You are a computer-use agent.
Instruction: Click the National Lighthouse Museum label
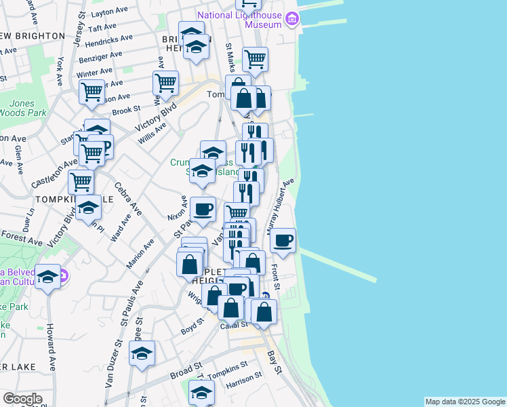point(239,20)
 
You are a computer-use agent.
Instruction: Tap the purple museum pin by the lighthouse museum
point(291,18)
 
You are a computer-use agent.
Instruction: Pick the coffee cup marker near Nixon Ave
point(202,208)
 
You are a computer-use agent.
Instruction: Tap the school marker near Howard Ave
point(47,277)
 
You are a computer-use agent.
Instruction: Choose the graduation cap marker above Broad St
point(142,353)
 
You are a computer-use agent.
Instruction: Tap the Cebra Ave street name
point(128,198)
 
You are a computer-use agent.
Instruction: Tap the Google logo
point(22,398)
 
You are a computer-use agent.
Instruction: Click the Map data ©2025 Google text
point(465,402)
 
